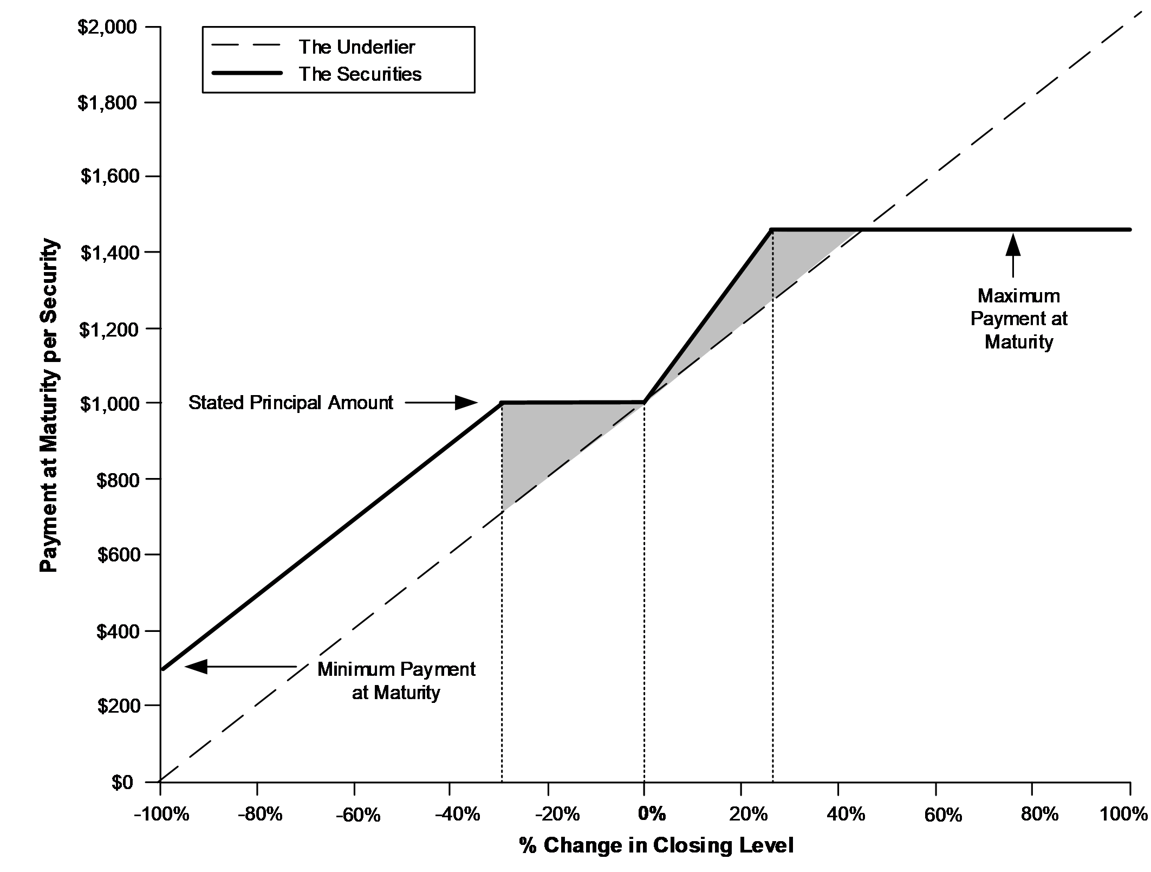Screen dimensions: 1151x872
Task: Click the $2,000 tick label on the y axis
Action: pos(107,27)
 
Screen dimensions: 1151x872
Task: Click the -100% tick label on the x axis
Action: pos(161,815)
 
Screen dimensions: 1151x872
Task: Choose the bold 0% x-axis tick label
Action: pos(652,814)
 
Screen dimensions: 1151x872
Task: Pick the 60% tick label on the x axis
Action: pos(943,815)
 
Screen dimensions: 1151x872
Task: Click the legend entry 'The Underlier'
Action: pos(356,47)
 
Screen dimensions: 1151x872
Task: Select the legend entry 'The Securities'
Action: pos(360,74)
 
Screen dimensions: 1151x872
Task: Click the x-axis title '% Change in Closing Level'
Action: pos(656,845)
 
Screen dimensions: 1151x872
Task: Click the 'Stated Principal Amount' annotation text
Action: pos(291,403)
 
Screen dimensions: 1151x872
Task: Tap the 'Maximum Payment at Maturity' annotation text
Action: pos(1019,319)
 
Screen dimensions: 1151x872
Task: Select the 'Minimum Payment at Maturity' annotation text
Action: pos(396,681)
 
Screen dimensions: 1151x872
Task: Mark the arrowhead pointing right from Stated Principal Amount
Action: pos(465,403)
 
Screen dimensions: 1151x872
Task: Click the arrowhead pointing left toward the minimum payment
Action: pos(196,666)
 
